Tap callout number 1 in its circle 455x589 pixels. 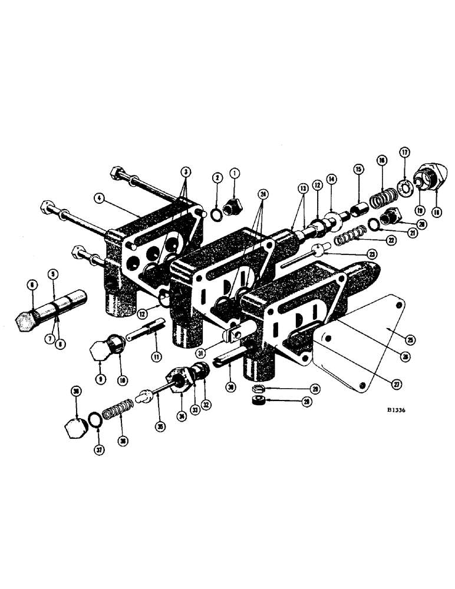pyautogui.click(x=236, y=174)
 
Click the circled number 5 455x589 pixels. pyautogui.click(x=52, y=274)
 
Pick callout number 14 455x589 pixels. pyautogui.click(x=331, y=178)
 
